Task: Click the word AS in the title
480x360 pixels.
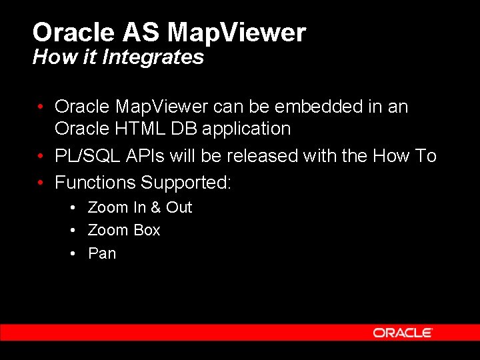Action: [141, 32]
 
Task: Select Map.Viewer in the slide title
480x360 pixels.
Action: [237, 32]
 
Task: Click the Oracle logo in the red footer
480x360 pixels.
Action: [403, 333]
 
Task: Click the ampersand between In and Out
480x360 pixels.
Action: [155, 207]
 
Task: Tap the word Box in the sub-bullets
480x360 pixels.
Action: [147, 230]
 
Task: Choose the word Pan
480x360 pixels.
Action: [102, 253]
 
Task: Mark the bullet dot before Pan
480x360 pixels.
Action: [75, 254]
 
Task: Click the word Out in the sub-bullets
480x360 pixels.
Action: [179, 207]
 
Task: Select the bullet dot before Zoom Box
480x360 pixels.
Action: [75, 231]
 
